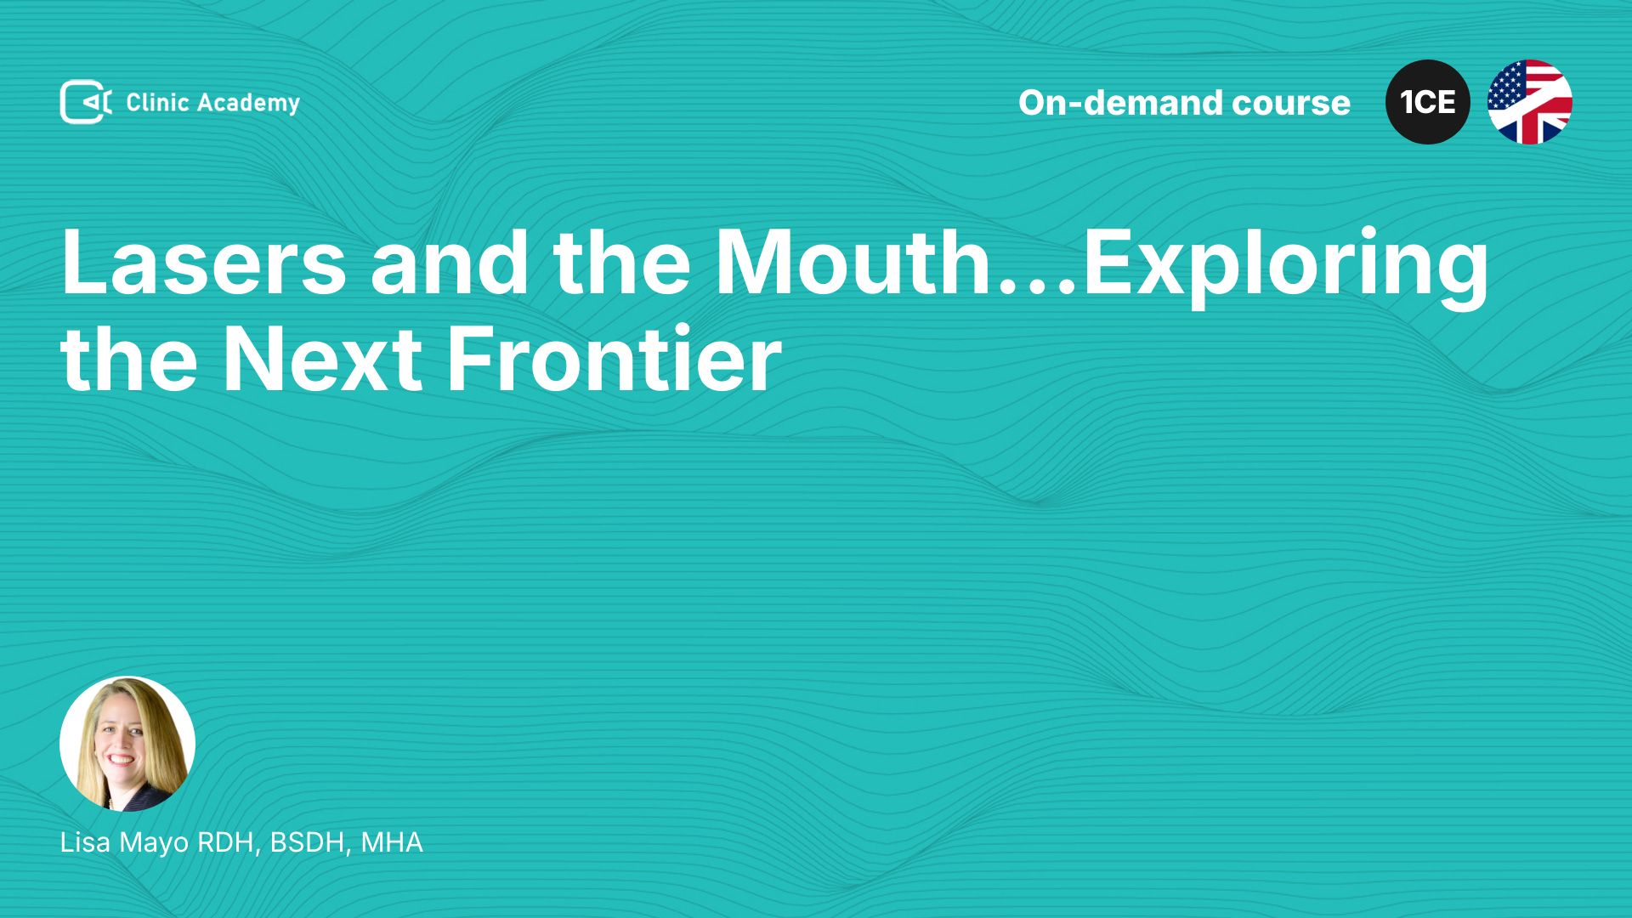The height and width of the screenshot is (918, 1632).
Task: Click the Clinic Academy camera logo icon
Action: (86, 102)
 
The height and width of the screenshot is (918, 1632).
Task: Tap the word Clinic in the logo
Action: (157, 102)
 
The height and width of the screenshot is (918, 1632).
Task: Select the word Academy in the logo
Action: (249, 104)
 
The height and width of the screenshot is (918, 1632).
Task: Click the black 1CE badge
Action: (1428, 102)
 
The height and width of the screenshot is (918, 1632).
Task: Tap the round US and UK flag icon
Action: (1530, 102)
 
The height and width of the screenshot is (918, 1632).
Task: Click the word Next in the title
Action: (322, 359)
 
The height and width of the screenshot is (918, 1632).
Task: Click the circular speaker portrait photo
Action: (127, 744)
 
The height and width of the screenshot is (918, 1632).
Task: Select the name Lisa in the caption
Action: (85, 842)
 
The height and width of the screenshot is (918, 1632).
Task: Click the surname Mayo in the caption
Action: (154, 844)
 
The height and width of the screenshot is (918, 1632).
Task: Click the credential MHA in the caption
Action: (392, 842)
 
